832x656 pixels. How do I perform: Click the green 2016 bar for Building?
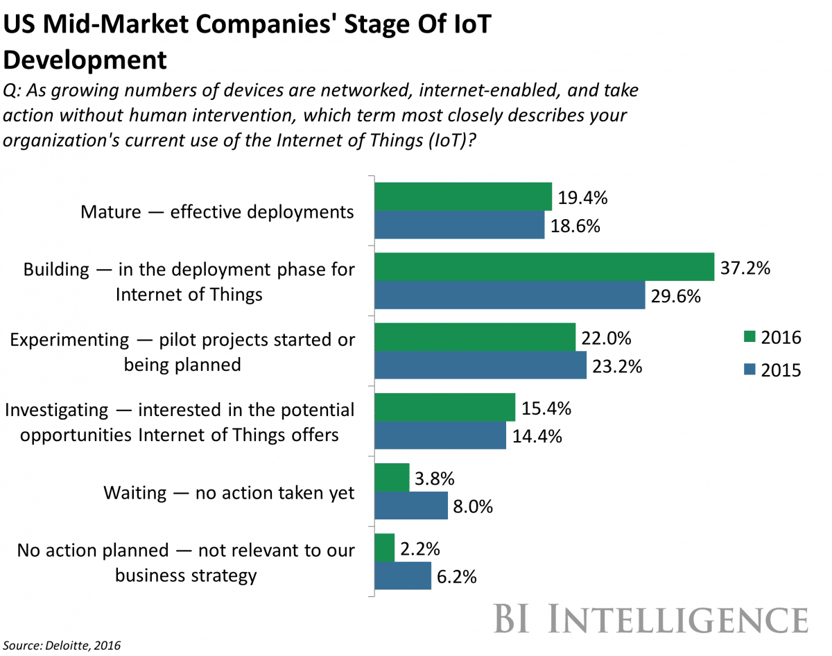point(544,268)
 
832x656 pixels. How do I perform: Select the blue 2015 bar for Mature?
point(460,225)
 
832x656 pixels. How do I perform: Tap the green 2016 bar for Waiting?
point(392,478)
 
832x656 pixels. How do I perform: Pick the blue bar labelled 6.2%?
point(404,576)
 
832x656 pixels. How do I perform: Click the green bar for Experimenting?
point(475,338)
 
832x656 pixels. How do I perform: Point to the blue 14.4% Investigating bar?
point(441,435)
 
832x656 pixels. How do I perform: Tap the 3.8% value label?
point(435,478)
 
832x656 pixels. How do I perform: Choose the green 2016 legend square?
point(749,338)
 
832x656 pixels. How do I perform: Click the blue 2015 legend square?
point(749,370)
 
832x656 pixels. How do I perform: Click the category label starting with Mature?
point(217,212)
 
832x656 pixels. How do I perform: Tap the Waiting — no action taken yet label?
point(229,493)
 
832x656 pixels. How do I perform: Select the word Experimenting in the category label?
point(70,340)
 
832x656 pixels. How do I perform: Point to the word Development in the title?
point(86,60)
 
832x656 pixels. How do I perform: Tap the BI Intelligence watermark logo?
point(650,619)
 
